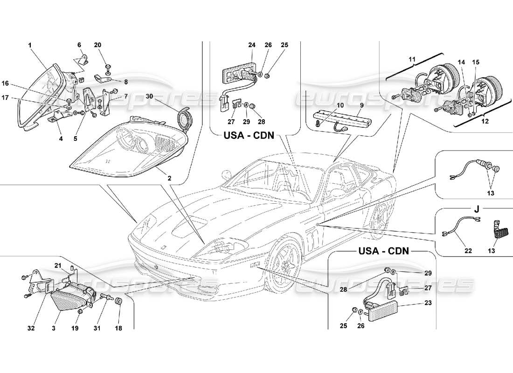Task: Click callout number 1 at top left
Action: pyautogui.click(x=29, y=45)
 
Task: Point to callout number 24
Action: pyautogui.click(x=252, y=45)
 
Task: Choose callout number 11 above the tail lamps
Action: pyautogui.click(x=412, y=59)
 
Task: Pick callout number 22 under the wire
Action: pyautogui.click(x=468, y=251)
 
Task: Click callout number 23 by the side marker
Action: pyautogui.click(x=428, y=302)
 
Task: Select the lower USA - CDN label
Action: pyautogui.click(x=383, y=251)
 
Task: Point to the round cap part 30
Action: pyautogui.click(x=185, y=117)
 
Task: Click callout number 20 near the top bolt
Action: pyautogui.click(x=97, y=45)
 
